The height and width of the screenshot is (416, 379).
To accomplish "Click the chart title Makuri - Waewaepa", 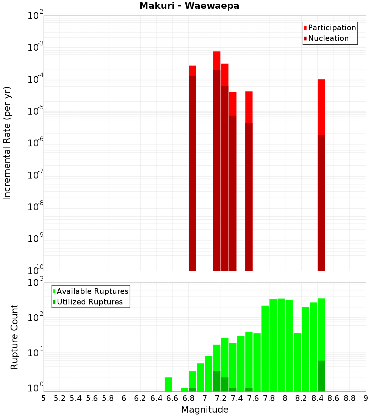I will coord(189,6).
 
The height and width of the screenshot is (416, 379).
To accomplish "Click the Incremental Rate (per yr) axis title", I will coord(7,143).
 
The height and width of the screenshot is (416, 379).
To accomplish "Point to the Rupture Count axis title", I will coord(14,337).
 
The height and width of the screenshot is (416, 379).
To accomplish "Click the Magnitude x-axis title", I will coord(205,410).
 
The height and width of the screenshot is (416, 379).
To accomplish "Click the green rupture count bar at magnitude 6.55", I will coord(169,384).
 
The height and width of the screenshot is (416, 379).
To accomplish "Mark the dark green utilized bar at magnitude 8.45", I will coord(321,376).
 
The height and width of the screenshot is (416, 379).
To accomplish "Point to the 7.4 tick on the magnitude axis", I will coord(237,398).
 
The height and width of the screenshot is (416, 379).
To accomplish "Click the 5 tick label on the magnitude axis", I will coord(44,398).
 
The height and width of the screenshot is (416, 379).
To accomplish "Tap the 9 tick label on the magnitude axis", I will coord(366,398).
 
